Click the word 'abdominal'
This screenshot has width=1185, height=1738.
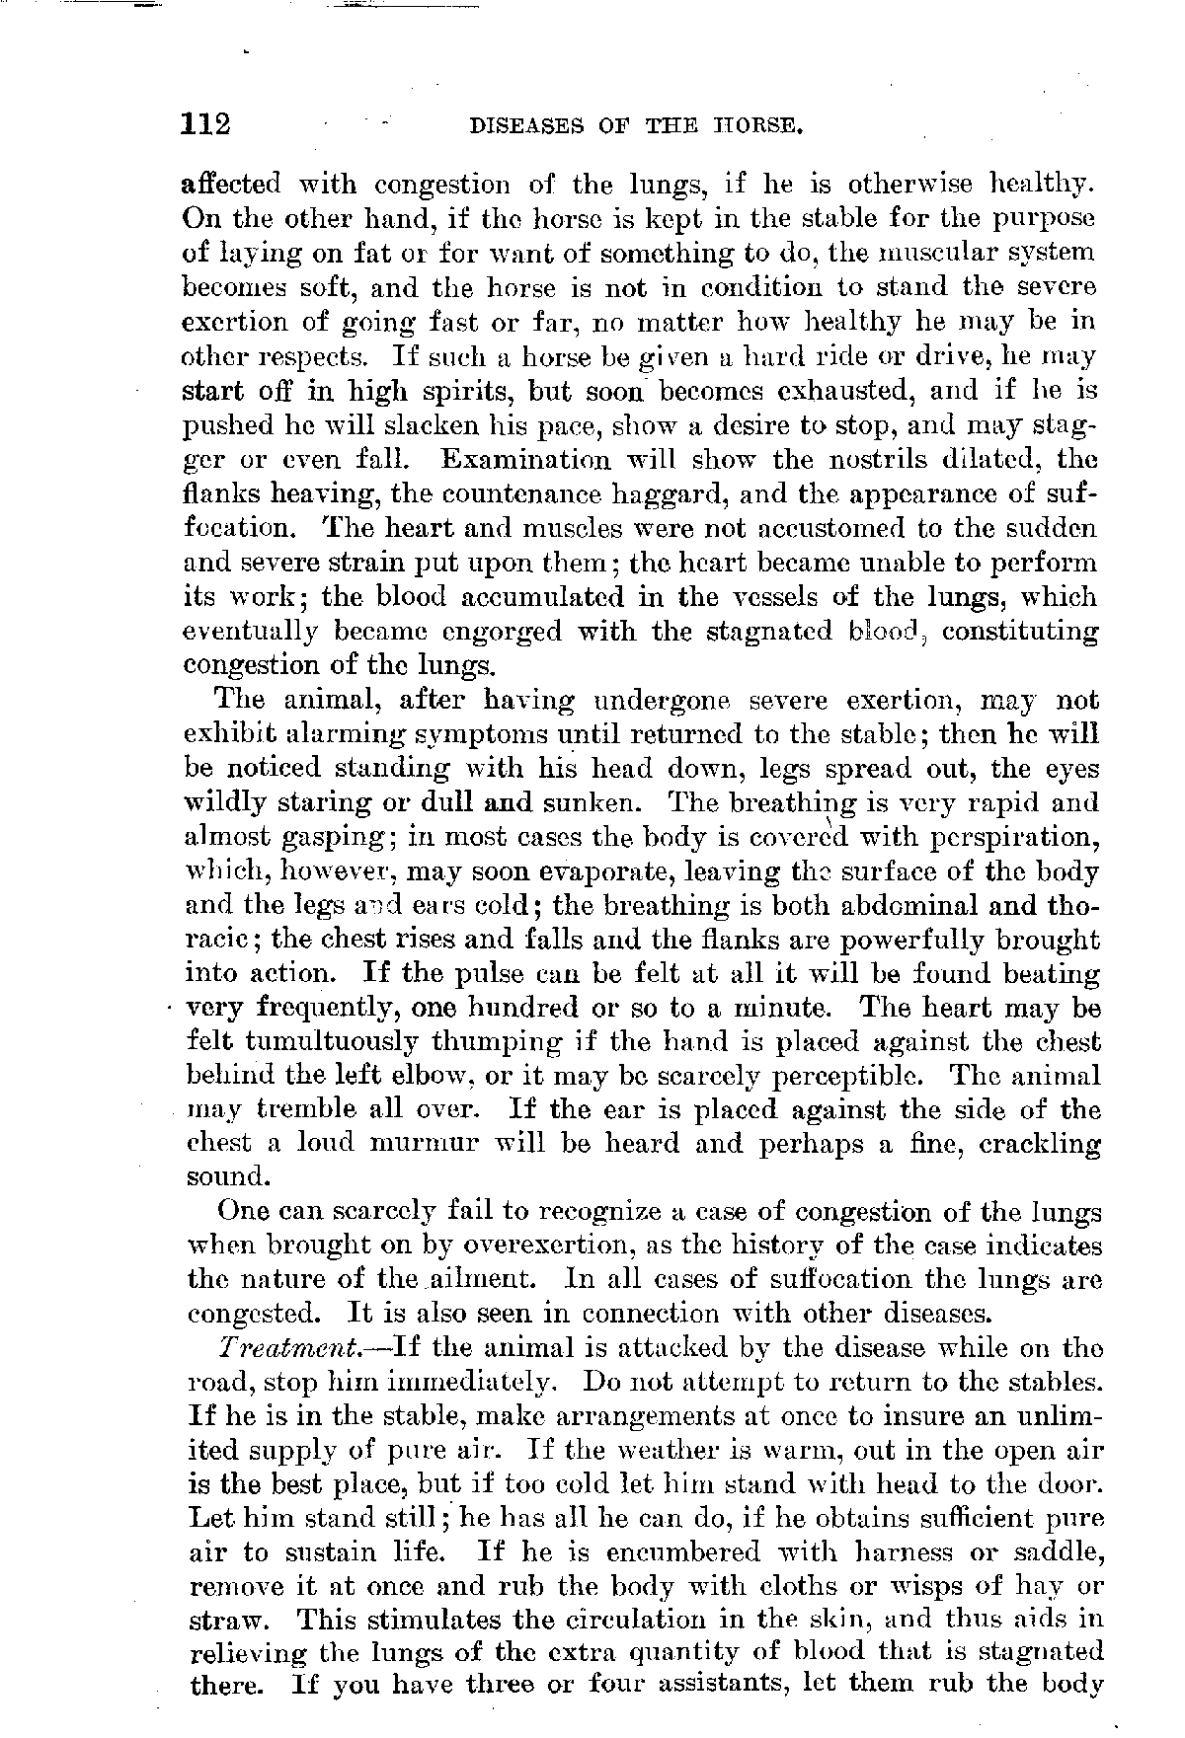coord(878,906)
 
